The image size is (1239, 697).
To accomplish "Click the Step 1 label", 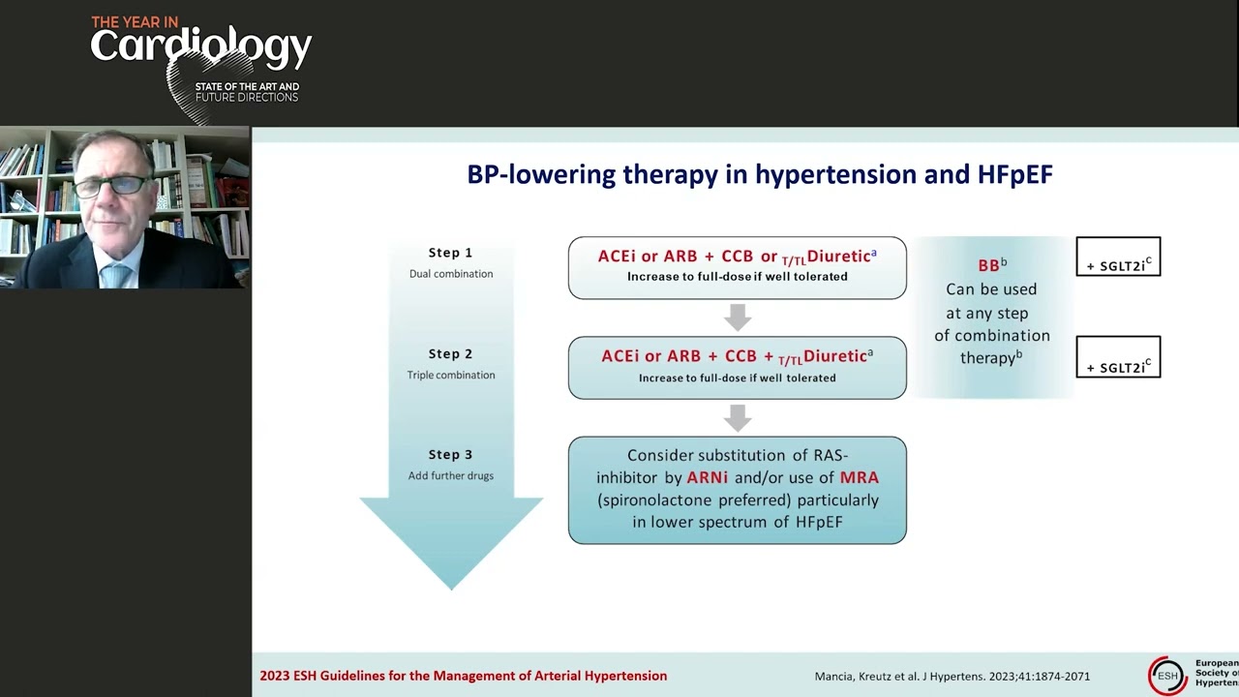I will tap(450, 253).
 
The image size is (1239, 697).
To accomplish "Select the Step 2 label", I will tap(450, 354).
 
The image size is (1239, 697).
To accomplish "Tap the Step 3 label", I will tap(450, 455).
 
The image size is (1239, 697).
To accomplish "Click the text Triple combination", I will tap(450, 376).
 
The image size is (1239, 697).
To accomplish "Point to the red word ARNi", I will tap(707, 477).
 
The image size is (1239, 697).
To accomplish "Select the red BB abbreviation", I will tap(988, 266).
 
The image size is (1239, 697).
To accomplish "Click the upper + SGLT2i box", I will tap(1118, 257).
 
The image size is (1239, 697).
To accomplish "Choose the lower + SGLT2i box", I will tap(1118, 357).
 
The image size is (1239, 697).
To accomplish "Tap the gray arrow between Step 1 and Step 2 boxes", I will tap(738, 318).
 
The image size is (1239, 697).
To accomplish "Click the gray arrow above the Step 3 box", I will tap(738, 418).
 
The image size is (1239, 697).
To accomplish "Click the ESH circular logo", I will tap(1167, 675).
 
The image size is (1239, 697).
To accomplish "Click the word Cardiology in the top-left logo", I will tap(201, 45).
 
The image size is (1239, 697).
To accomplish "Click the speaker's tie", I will tap(115, 275).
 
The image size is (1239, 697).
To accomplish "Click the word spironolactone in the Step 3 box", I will tap(655, 500).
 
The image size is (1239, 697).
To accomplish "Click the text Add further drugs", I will tap(450, 476).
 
